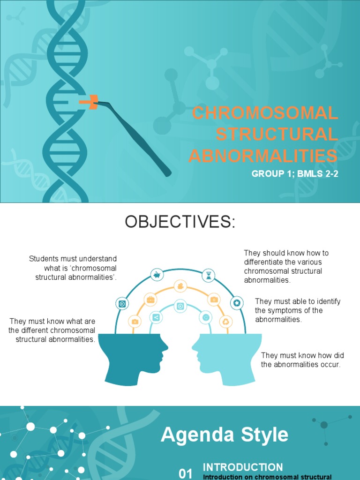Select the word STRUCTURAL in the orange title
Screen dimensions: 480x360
point(277,135)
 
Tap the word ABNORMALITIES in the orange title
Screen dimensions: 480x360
point(263,156)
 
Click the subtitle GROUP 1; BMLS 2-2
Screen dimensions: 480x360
point(295,174)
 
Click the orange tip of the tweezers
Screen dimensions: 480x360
point(89,101)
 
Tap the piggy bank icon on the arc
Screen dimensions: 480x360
point(157,275)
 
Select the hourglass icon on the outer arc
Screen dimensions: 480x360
point(209,276)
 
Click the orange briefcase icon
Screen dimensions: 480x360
point(150,300)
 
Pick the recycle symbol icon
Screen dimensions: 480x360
point(226,321)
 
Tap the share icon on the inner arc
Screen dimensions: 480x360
point(156,317)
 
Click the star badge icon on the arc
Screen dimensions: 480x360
point(237,303)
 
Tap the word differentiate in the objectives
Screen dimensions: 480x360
point(265,262)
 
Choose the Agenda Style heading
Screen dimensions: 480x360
point(225,435)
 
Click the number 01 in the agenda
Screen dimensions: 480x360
point(186,473)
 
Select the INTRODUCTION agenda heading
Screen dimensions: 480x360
point(243,467)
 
